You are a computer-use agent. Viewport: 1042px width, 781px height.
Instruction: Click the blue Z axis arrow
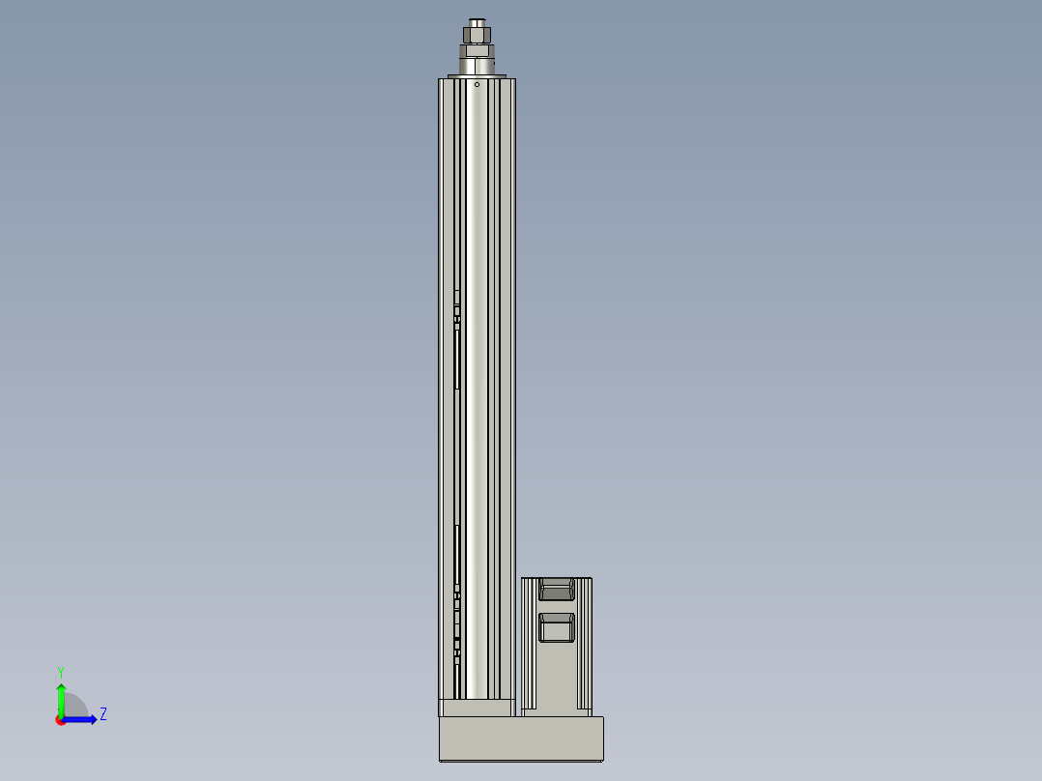click(x=82, y=719)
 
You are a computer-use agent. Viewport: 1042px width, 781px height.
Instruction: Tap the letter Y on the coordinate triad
click(x=61, y=671)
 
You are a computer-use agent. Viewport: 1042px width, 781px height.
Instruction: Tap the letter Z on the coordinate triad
click(x=103, y=714)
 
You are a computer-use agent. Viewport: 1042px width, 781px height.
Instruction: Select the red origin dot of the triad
click(x=61, y=720)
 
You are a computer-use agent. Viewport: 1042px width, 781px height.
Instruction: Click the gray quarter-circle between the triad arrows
click(x=74, y=708)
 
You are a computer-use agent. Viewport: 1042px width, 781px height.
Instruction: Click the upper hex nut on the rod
click(x=478, y=35)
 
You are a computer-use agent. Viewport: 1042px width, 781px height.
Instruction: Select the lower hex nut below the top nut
click(x=478, y=50)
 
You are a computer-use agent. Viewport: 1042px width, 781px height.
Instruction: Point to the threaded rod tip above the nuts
click(x=478, y=21)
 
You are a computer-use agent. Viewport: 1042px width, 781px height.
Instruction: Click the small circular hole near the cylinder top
click(x=477, y=84)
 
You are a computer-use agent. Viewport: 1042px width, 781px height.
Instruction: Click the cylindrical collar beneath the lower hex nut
click(x=478, y=66)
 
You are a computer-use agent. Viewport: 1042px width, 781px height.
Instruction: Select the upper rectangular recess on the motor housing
click(x=556, y=589)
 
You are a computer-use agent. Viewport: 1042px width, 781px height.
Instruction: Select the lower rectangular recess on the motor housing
click(x=556, y=626)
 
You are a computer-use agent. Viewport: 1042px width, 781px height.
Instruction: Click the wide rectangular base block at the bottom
click(x=521, y=738)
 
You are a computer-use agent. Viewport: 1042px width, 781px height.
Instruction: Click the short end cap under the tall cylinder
click(x=476, y=708)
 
